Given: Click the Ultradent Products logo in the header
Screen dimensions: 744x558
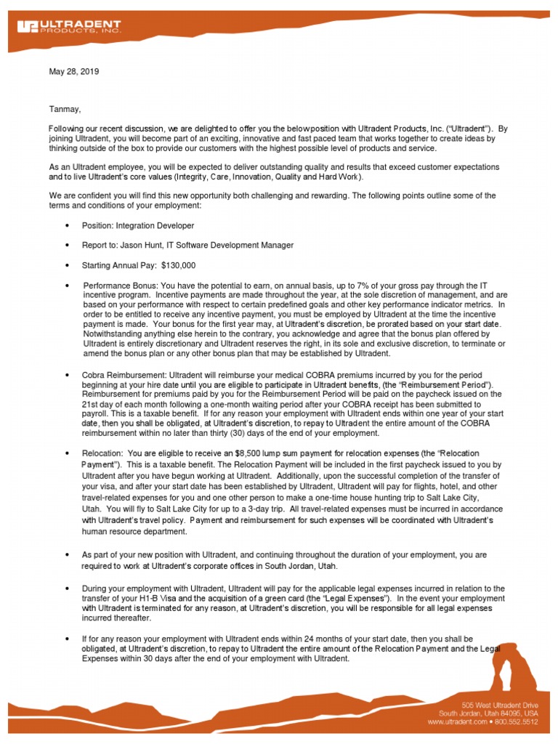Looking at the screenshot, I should [69, 28].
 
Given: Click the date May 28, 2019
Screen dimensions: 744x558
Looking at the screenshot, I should [73, 72].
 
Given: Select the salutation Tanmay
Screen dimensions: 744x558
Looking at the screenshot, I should [65, 109].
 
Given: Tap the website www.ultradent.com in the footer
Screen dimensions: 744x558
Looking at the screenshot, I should [455, 722].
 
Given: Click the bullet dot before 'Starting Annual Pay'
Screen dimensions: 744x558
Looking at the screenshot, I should [67, 266].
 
